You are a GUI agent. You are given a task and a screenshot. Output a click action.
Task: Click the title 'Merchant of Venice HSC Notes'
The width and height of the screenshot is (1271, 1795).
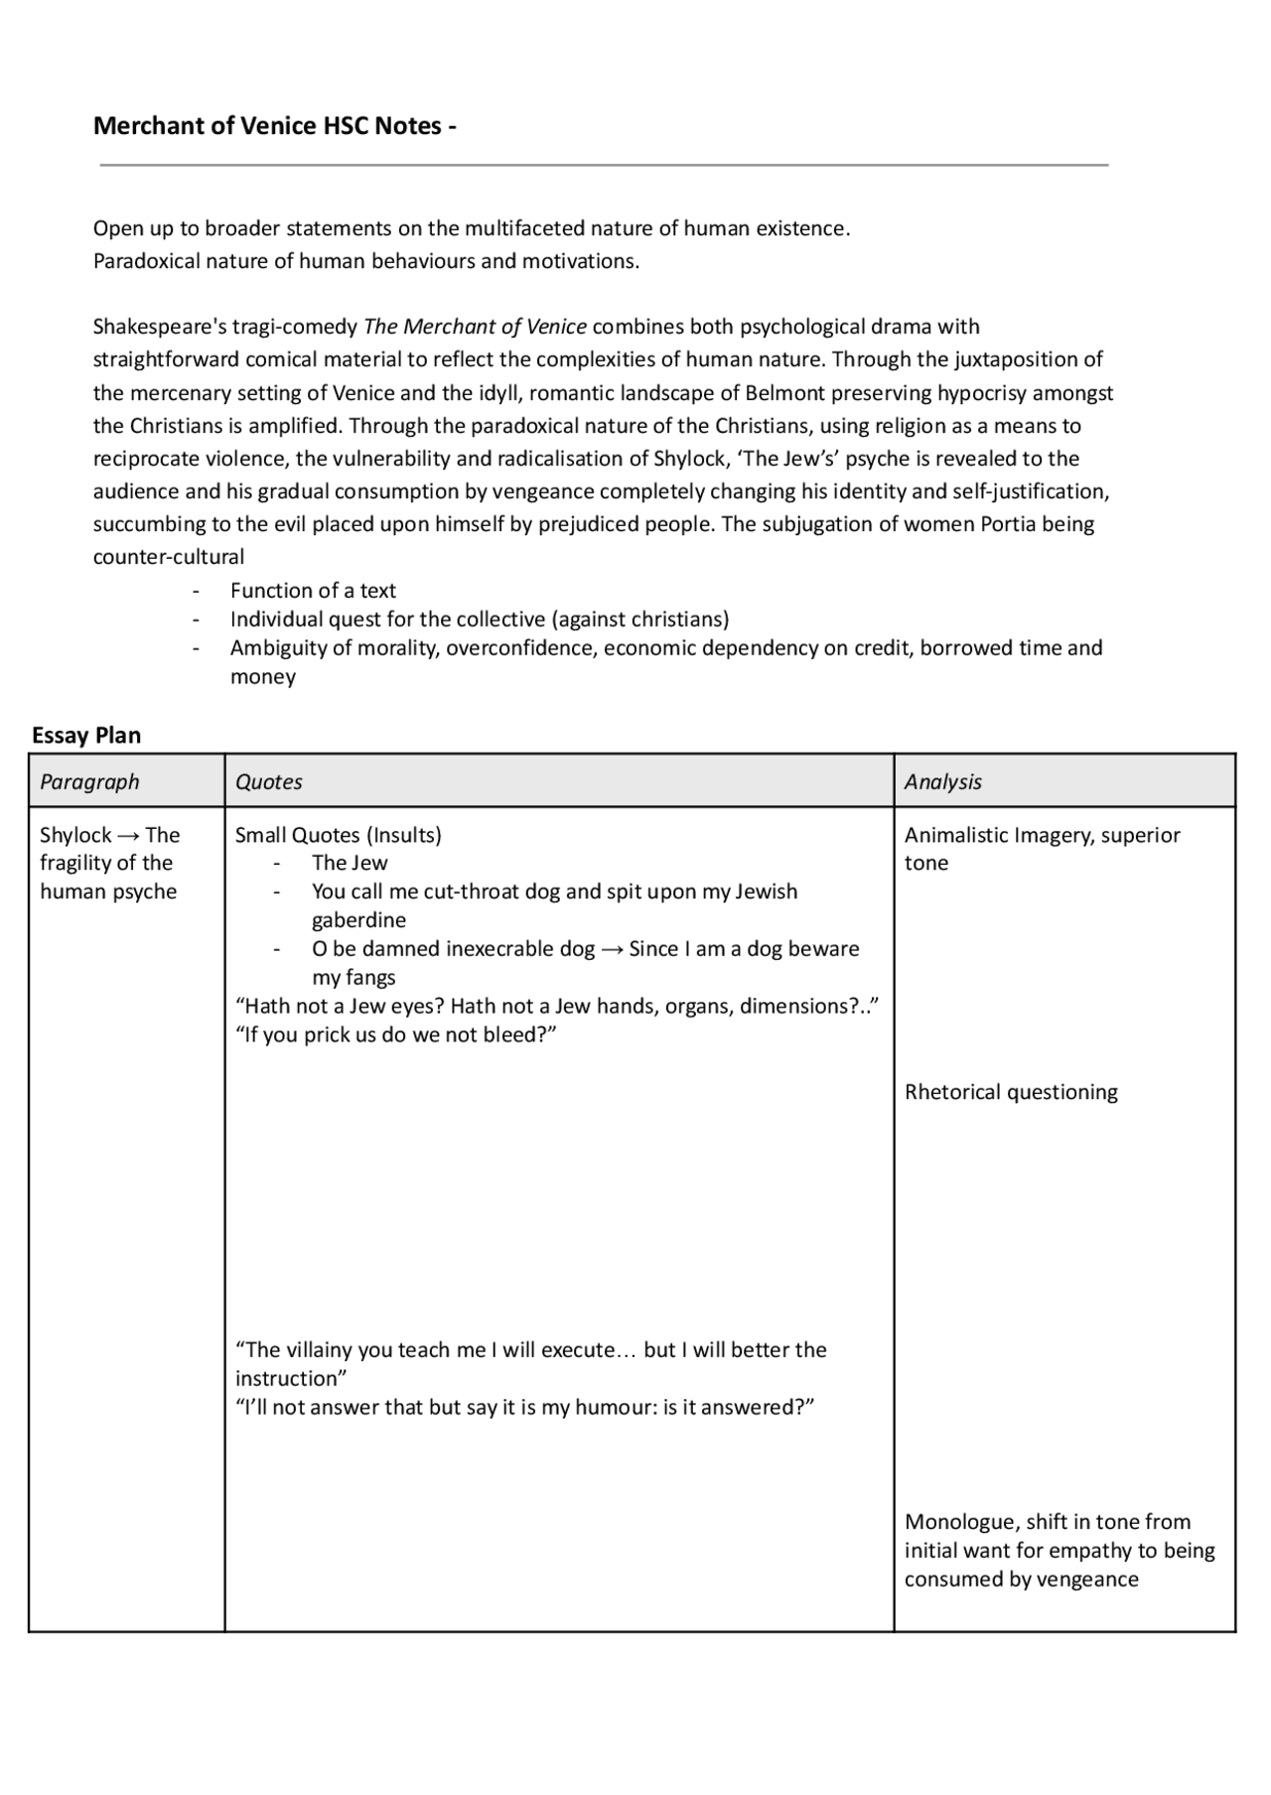267,126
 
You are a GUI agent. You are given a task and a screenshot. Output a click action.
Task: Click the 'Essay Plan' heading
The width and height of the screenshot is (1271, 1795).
86,736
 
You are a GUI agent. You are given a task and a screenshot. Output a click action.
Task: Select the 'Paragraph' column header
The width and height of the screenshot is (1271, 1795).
89,781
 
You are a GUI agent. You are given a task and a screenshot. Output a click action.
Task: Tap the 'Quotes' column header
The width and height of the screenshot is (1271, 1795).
268,781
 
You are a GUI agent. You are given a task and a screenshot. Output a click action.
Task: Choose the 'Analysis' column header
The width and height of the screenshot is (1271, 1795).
942,781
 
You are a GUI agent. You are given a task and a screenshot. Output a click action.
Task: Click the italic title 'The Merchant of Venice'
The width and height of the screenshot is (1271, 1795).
476,327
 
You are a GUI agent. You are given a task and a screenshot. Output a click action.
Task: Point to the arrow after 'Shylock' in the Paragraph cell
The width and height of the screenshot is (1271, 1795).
129,835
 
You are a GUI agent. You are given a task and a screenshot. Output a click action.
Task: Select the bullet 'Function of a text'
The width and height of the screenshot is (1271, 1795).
313,591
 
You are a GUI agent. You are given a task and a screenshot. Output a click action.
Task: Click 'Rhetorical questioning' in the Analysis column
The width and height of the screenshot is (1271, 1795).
1011,1092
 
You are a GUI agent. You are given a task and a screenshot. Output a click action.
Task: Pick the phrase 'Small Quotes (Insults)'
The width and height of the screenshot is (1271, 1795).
338,835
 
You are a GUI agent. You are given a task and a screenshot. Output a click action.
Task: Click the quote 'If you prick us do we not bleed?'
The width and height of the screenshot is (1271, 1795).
395,1035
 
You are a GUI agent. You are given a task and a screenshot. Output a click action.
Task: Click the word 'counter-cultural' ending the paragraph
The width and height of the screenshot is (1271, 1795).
169,557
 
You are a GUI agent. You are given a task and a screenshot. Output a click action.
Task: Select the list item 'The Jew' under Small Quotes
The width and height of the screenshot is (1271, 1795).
350,863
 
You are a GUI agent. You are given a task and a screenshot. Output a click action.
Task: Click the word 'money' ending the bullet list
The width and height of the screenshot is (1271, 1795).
263,677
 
